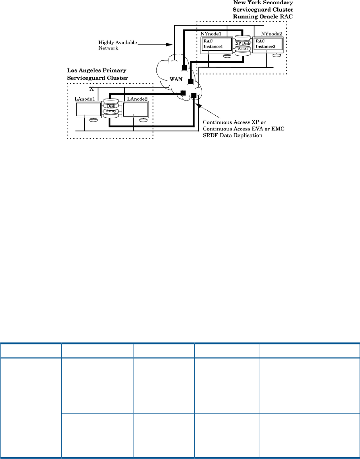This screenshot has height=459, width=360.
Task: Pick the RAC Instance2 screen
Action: (268, 45)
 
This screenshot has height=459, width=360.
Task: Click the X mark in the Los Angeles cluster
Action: (92, 90)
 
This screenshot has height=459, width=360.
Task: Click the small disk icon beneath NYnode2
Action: (277, 55)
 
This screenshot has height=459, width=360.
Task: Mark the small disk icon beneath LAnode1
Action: (93, 120)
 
